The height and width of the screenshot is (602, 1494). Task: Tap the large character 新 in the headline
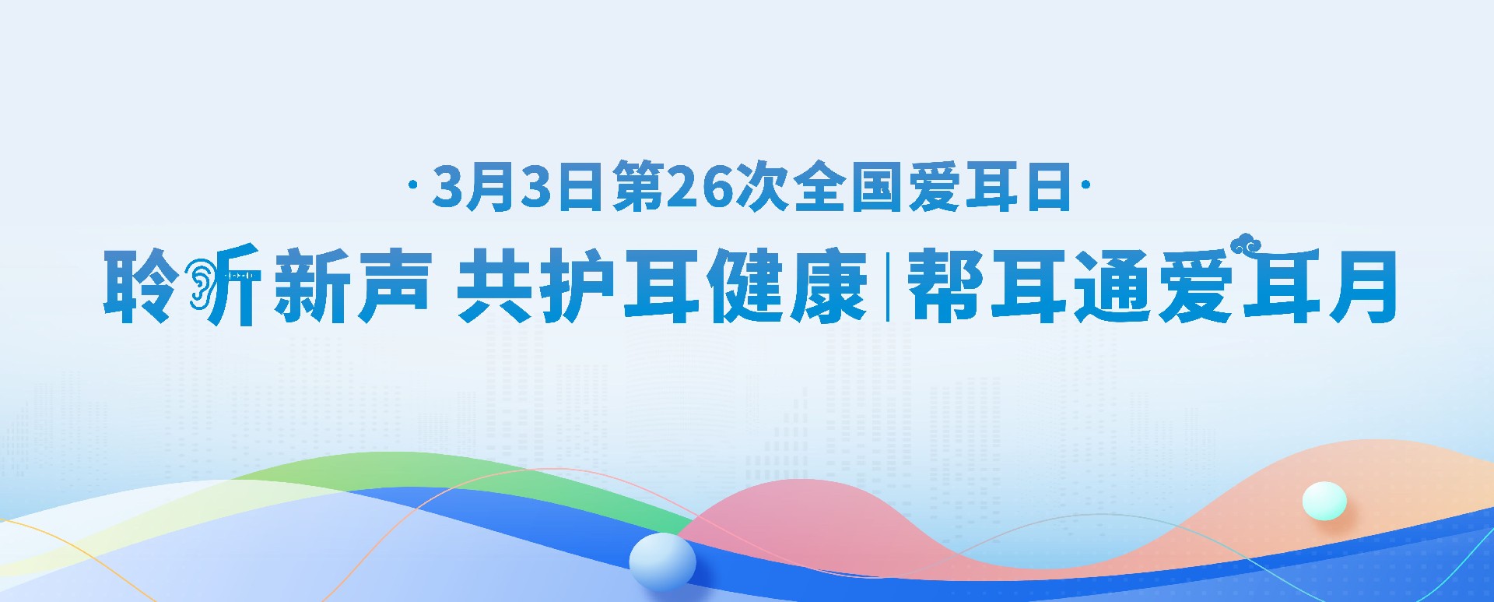pyautogui.click(x=311, y=286)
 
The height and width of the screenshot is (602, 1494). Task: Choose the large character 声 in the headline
pyautogui.click(x=394, y=286)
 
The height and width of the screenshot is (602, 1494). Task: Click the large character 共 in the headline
pyautogui.click(x=495, y=286)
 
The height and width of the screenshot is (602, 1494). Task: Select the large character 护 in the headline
pyautogui.click(x=577, y=286)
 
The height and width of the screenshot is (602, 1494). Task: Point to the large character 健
pyautogui.click(x=745, y=286)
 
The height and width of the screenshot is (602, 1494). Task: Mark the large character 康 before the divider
pyautogui.click(x=828, y=286)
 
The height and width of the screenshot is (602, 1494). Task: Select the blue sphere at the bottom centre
pyautogui.click(x=662, y=562)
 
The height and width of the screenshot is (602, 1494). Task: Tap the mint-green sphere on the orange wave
pyautogui.click(x=1324, y=501)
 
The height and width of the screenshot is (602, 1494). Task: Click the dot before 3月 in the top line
pyautogui.click(x=412, y=187)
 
